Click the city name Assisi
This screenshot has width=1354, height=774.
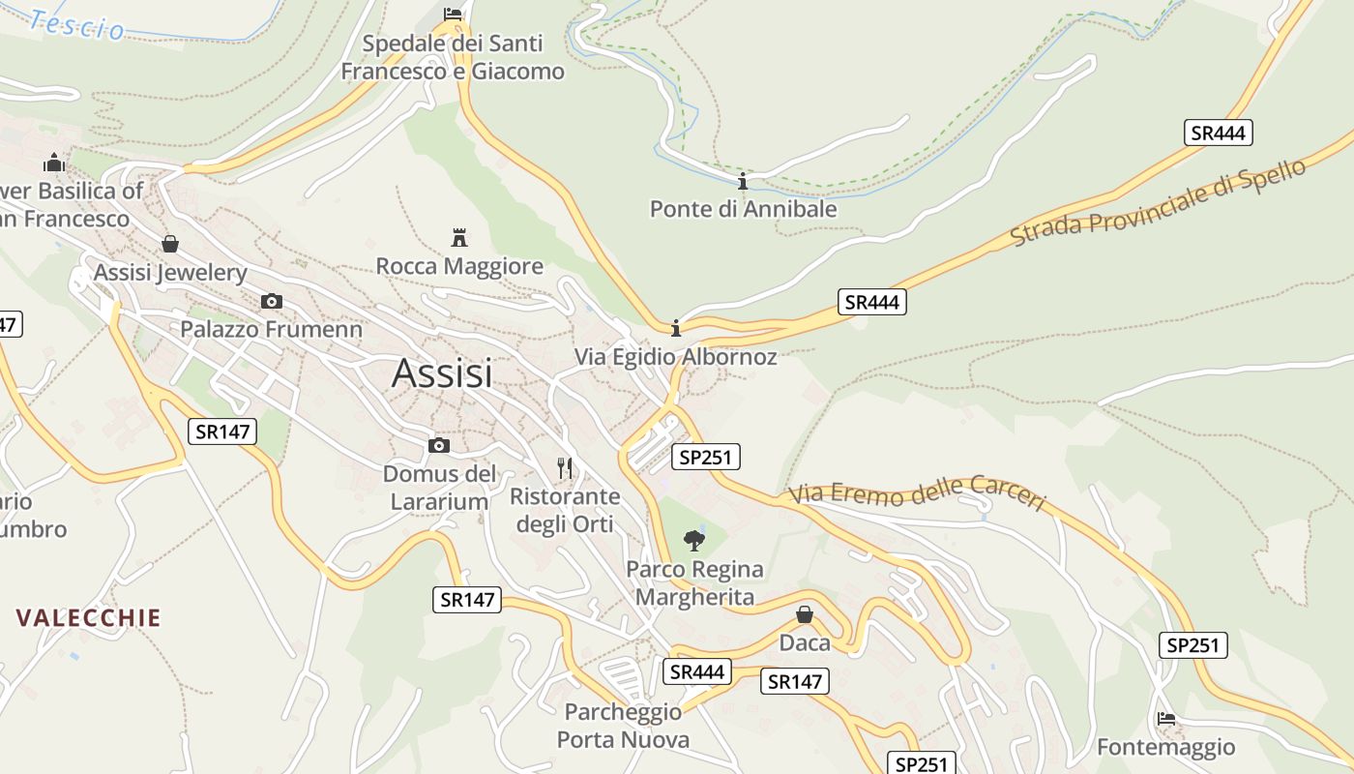pyautogui.click(x=442, y=373)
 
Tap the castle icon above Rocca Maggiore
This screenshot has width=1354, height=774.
pyautogui.click(x=459, y=237)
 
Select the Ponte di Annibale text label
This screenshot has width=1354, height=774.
pyautogui.click(x=743, y=209)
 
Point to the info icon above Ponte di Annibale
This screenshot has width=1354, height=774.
pyautogui.click(x=743, y=181)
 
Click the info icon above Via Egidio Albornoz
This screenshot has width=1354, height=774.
pyautogui.click(x=676, y=328)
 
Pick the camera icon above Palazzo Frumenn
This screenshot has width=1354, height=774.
pyautogui.click(x=272, y=301)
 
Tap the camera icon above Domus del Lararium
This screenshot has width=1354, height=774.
pyautogui.click(x=439, y=445)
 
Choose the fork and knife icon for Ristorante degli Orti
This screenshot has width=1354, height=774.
pyautogui.click(x=566, y=468)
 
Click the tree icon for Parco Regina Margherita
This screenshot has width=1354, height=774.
pyautogui.click(x=693, y=540)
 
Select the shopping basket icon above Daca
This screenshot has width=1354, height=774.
pyautogui.click(x=805, y=614)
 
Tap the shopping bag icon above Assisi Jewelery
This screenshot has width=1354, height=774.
pyautogui.click(x=170, y=243)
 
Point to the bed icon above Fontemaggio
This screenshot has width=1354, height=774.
pyautogui.click(x=1166, y=719)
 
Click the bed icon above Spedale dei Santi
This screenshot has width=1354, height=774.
pyautogui.click(x=453, y=14)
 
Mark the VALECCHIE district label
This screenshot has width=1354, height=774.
pyautogui.click(x=88, y=618)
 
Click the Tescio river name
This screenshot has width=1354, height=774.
pyautogui.click(x=77, y=25)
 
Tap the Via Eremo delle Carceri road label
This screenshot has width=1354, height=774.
pyautogui.click(x=917, y=493)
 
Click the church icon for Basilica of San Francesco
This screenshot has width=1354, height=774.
pyautogui.click(x=54, y=163)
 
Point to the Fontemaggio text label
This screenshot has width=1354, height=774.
pyautogui.click(x=1165, y=747)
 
